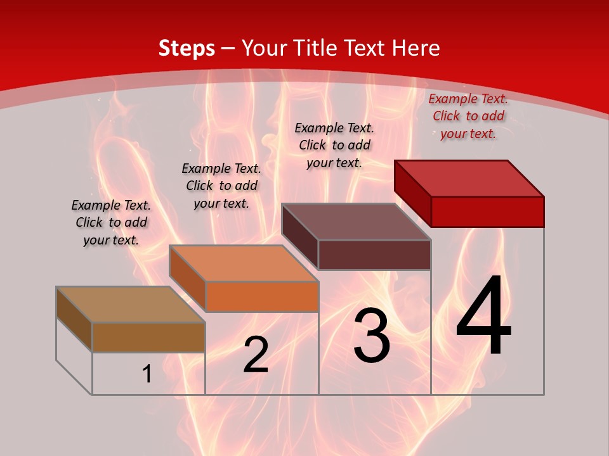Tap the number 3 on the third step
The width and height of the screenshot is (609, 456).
(x=372, y=336)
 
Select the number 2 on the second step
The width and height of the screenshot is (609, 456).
(x=256, y=355)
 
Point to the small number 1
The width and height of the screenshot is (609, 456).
(x=147, y=374)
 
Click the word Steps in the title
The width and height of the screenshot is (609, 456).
(x=187, y=48)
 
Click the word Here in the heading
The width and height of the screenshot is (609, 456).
(x=416, y=48)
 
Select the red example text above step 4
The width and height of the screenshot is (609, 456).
(x=468, y=116)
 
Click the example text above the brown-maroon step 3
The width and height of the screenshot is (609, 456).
(x=334, y=145)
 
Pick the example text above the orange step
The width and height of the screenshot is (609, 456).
(x=221, y=186)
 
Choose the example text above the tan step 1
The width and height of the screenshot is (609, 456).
(x=111, y=222)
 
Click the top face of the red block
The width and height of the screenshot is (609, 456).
(x=469, y=178)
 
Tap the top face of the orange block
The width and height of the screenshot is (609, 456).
(x=244, y=263)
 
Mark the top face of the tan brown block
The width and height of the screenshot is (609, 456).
(x=131, y=305)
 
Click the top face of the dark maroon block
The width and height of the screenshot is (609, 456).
(x=357, y=222)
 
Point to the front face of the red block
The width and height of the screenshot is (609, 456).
(x=487, y=211)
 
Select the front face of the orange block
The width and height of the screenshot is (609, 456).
(x=262, y=296)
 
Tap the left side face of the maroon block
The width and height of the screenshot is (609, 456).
(x=300, y=236)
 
